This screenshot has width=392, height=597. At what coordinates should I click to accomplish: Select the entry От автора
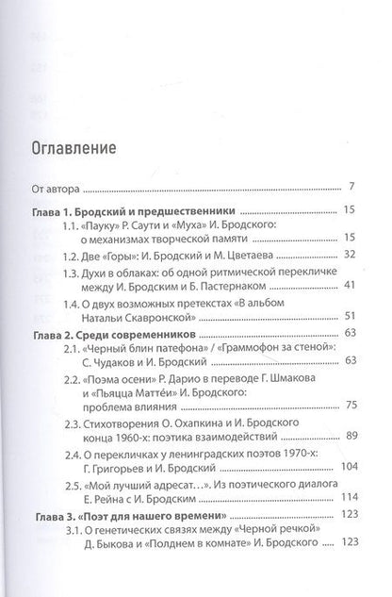60,186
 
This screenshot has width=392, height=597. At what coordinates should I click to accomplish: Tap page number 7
350,186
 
